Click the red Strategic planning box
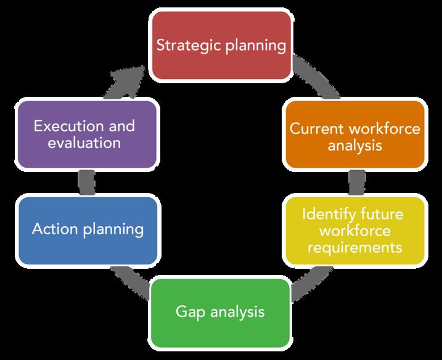(221, 46)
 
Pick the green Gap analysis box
(221, 311)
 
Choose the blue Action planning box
(87, 229)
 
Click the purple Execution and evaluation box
(87, 134)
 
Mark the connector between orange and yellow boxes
(354, 182)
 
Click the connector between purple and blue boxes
(87, 182)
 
